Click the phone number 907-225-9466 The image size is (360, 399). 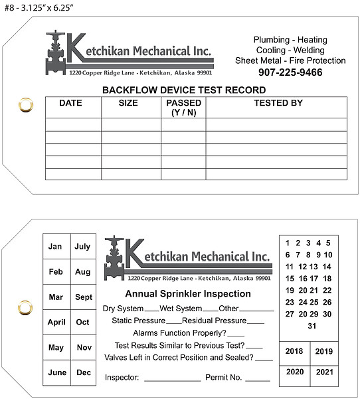point(290,72)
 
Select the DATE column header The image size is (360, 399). point(70,103)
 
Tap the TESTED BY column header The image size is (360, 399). point(278,103)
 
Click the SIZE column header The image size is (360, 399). point(128,103)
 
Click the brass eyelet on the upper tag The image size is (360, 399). point(26,104)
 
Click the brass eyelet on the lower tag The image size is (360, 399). point(26,307)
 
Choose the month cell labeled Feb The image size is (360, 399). point(56,272)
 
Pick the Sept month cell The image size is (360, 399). point(84,297)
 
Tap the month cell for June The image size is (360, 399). point(56,373)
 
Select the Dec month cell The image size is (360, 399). point(84,373)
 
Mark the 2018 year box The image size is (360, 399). point(294,351)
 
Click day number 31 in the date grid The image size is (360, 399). point(312,326)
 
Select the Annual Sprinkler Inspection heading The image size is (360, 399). point(188,294)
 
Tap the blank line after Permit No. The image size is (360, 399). point(257,379)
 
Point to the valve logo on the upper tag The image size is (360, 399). point(56,55)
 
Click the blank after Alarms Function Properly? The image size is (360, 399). point(236,334)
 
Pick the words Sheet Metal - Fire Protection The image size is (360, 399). point(290,61)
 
